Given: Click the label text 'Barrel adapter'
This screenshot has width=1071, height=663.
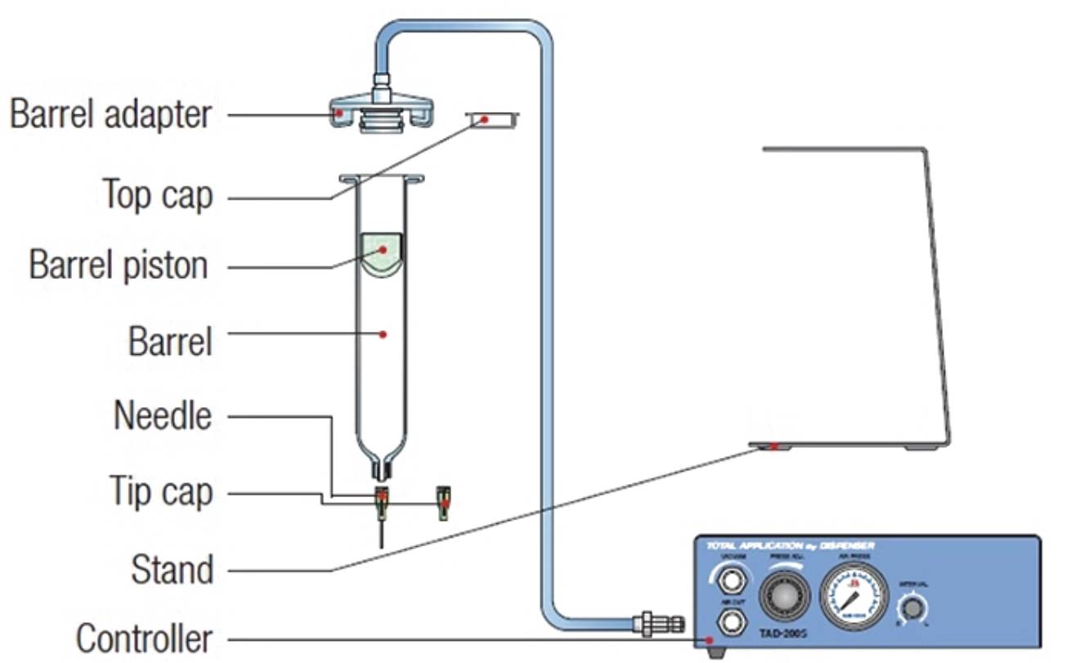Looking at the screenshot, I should (x=110, y=114).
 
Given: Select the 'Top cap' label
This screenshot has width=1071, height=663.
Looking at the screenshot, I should (x=158, y=195).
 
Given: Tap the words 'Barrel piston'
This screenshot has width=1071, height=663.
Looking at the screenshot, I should (x=119, y=266).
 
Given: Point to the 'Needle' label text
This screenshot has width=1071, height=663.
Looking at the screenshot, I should (x=163, y=416).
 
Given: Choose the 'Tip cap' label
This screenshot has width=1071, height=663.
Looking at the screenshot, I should (x=161, y=492).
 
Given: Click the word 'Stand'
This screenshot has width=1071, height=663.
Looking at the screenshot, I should (x=172, y=569).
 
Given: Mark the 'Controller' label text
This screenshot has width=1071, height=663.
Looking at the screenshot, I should (x=144, y=638).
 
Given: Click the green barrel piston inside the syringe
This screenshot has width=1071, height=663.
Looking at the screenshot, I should (x=382, y=251).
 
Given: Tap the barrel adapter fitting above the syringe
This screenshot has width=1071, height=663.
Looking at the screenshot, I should (x=381, y=111).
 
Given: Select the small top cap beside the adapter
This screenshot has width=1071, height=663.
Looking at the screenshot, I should (x=493, y=120).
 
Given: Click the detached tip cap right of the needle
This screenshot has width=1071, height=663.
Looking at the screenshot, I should (x=444, y=503).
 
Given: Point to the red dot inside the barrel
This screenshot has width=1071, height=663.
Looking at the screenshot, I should (x=383, y=334).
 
